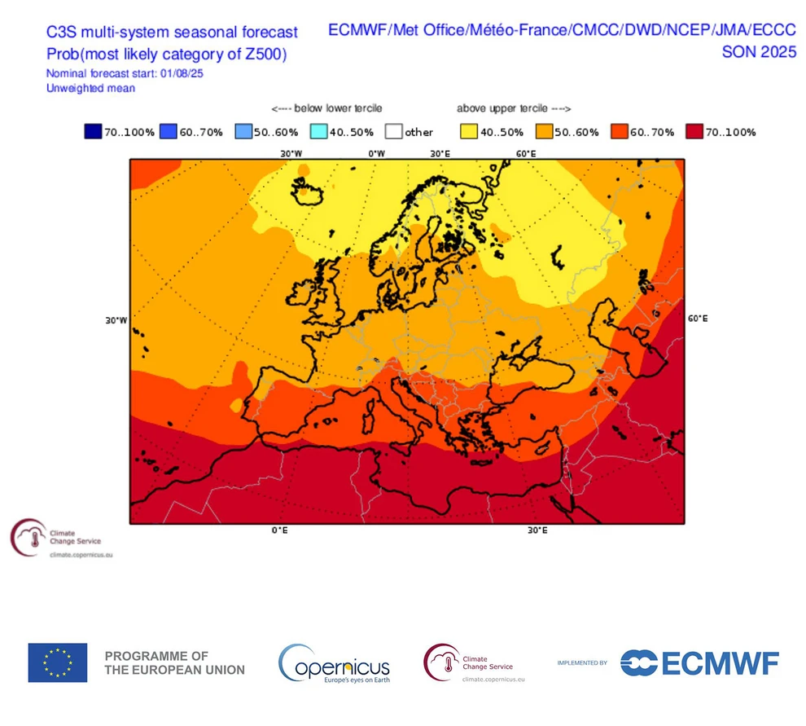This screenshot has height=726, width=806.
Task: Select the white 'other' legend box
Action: (x=395, y=132)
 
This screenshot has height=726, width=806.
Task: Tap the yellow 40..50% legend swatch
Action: (x=469, y=132)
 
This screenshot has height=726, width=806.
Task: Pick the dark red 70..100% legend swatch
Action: (x=694, y=132)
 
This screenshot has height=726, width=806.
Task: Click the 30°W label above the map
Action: (x=291, y=153)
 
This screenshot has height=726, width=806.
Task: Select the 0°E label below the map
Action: (x=279, y=530)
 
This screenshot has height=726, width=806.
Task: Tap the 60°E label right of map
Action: (x=698, y=319)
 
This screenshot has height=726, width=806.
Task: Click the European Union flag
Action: (x=58, y=662)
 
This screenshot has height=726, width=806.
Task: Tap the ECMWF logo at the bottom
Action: (x=699, y=662)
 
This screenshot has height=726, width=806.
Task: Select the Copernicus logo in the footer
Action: (x=335, y=663)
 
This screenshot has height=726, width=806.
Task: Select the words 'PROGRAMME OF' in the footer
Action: (x=156, y=656)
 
